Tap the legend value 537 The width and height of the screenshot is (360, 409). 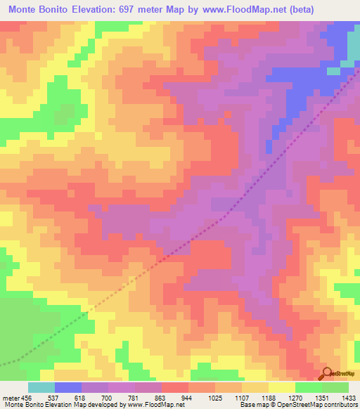click(53, 397)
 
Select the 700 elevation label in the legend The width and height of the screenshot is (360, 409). click(108, 397)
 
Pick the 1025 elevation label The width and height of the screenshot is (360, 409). click(214, 397)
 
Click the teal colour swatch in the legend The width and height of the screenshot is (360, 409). click(41, 387)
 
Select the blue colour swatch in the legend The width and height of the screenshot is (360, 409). click(67, 387)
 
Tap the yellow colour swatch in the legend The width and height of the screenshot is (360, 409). click(281, 387)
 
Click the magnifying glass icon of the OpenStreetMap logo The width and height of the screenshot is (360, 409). click(327, 373)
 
